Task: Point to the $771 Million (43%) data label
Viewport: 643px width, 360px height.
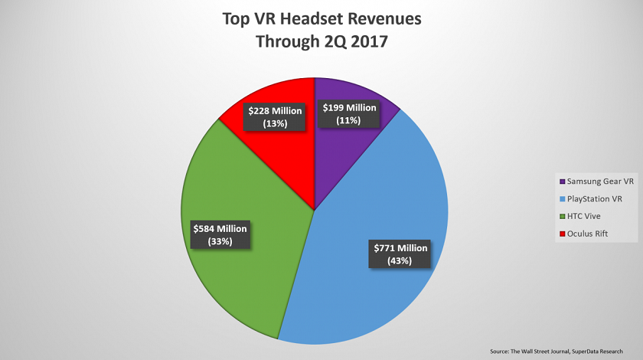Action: point(400,253)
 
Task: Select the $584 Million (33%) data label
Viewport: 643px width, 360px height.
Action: point(220,233)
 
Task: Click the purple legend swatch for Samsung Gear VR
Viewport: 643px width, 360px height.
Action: point(563,182)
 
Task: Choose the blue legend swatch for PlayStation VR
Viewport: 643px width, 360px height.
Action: point(563,198)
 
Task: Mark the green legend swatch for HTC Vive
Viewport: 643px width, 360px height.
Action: point(563,216)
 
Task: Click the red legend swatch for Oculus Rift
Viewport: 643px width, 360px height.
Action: point(563,233)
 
